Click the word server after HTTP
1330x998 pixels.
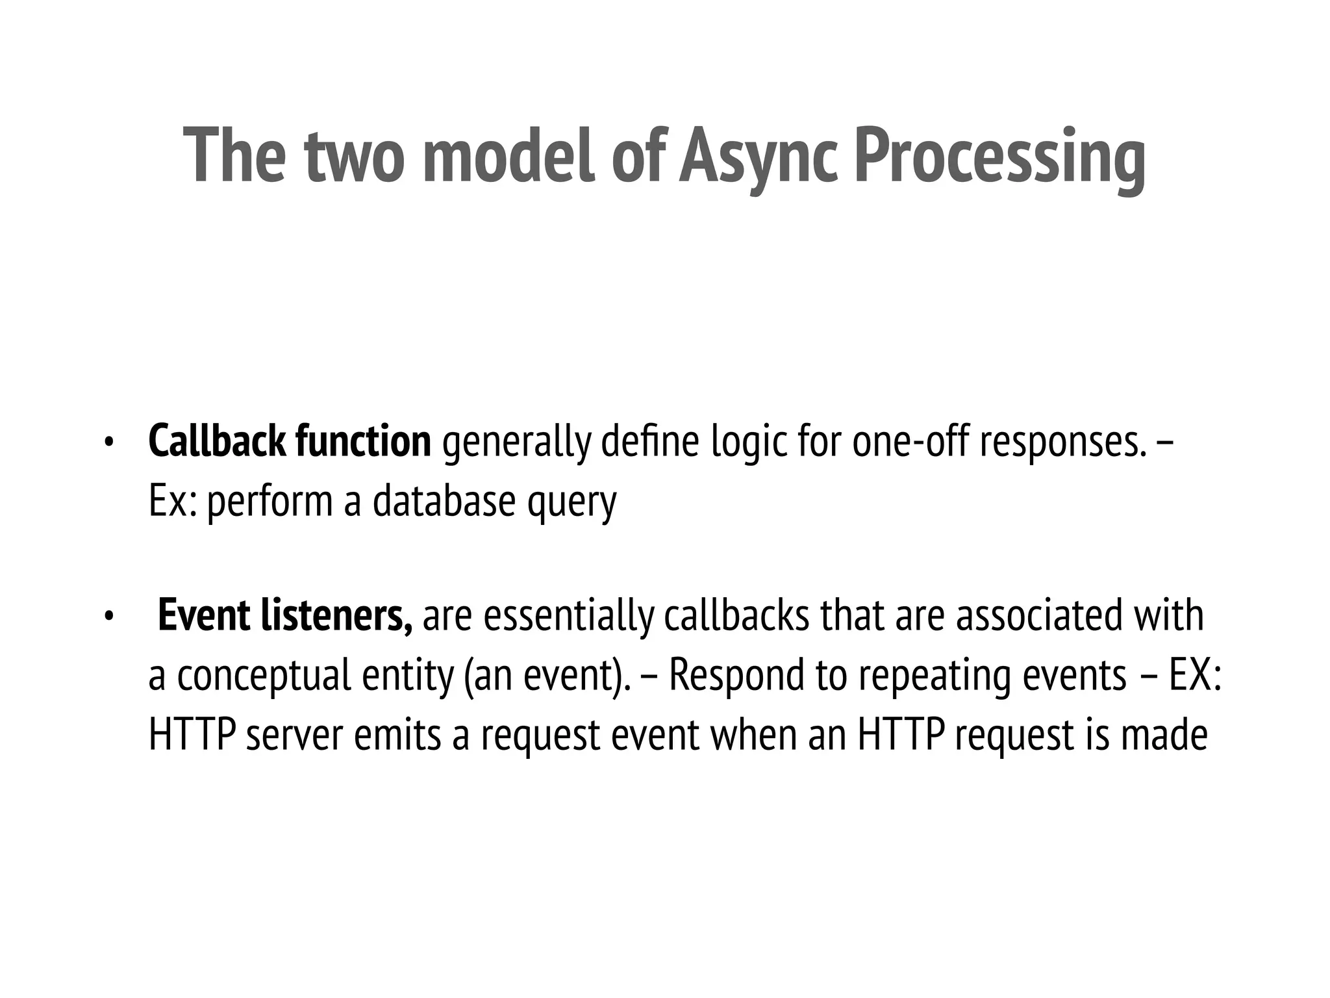coord(294,735)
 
